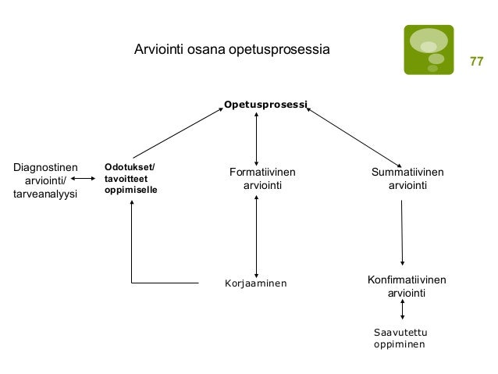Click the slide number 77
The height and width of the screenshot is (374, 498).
(x=476, y=61)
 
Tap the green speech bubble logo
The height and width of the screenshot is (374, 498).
(x=428, y=50)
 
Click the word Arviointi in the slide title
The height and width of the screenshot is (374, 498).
(x=158, y=50)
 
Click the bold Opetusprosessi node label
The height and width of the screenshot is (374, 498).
(x=265, y=104)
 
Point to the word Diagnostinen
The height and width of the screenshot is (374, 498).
(x=46, y=166)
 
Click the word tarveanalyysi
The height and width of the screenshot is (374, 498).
(x=46, y=193)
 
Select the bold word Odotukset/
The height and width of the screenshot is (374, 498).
(x=130, y=166)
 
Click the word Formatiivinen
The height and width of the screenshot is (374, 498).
(x=262, y=172)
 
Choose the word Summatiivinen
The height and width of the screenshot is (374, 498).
(x=407, y=172)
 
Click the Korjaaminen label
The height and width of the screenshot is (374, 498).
(x=255, y=283)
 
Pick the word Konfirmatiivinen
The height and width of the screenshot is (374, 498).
(x=407, y=280)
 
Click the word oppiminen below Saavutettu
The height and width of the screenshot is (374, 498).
(x=400, y=344)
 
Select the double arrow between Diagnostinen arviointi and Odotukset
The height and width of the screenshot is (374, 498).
(x=84, y=180)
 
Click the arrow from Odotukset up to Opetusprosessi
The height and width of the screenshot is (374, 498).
(x=179, y=133)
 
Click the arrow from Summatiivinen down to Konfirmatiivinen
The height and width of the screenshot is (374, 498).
(x=402, y=233)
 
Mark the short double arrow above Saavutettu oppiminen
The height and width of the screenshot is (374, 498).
(x=402, y=310)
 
